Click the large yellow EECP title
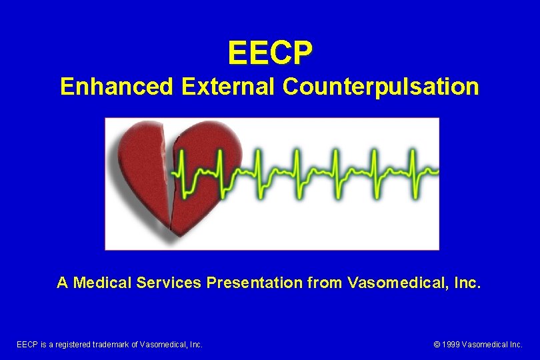(x=269, y=53)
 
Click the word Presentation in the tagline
(x=255, y=283)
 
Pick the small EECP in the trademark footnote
(x=27, y=345)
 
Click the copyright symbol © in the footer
(x=437, y=345)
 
